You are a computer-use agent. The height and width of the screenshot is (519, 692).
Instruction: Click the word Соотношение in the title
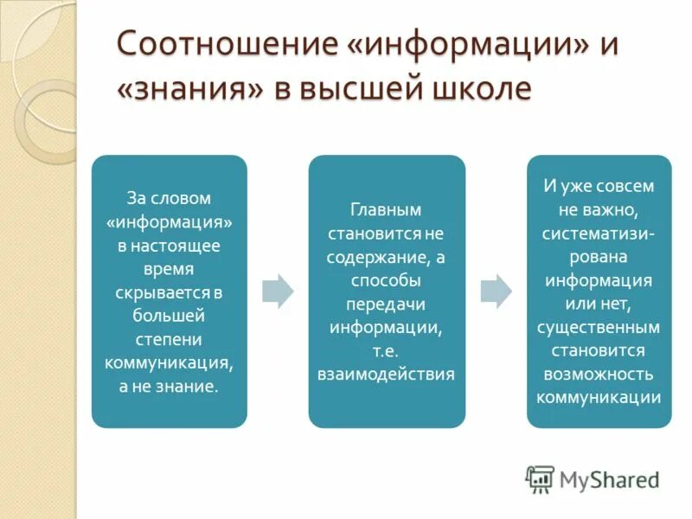click(227, 43)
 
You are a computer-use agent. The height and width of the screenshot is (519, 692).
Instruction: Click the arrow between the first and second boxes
click(278, 291)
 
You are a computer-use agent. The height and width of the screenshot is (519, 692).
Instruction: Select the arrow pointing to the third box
click(496, 291)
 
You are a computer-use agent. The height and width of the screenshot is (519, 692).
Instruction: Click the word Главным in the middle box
click(386, 210)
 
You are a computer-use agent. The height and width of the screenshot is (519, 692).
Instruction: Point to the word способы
click(386, 280)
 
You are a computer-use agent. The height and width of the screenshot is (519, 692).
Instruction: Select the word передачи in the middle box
click(386, 304)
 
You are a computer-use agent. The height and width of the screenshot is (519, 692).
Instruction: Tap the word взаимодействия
click(386, 375)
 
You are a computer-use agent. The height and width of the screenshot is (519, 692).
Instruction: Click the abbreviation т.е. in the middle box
click(386, 351)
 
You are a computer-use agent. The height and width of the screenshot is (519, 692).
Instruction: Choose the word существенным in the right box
click(599, 328)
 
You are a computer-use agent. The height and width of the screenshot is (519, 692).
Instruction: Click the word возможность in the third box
click(599, 375)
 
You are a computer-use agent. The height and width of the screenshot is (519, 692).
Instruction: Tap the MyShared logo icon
click(540, 479)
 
